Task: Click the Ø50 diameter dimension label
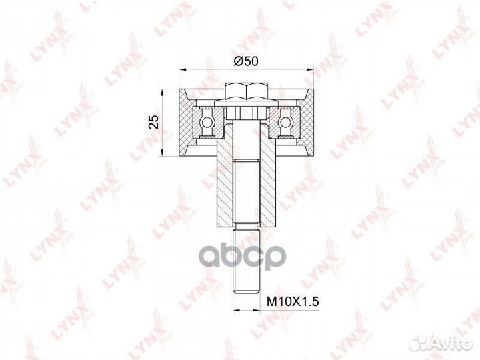click(246, 61)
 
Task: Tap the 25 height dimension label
click(155, 122)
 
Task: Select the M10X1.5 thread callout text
click(293, 301)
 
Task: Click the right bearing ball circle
click(285, 123)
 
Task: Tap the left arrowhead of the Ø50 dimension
click(183, 70)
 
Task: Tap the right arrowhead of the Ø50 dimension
click(311, 70)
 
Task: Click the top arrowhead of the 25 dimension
click(163, 93)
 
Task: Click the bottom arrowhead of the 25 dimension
click(163, 153)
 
